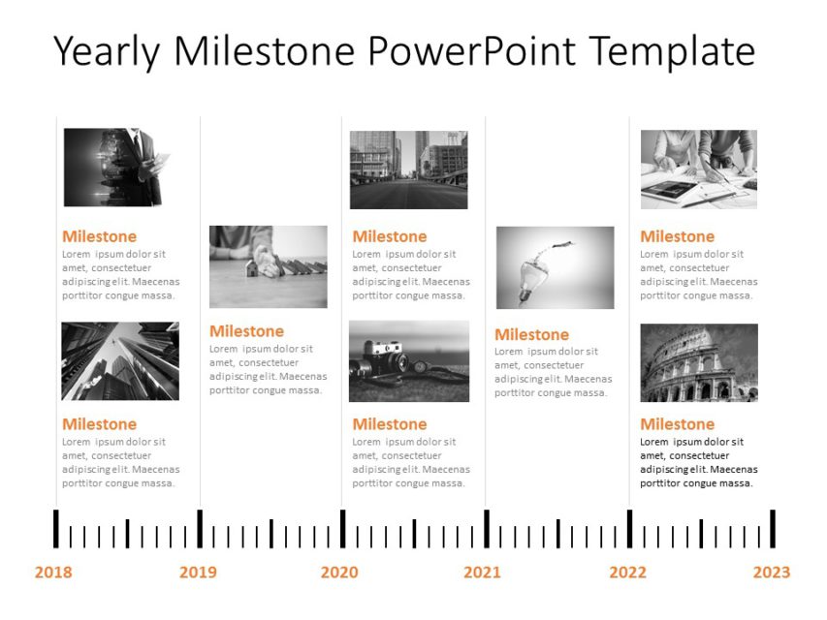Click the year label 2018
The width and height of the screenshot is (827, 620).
click(x=53, y=573)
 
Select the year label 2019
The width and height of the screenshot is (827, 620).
click(x=198, y=573)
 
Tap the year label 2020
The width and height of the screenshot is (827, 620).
click(x=339, y=573)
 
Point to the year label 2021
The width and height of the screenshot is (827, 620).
click(x=482, y=573)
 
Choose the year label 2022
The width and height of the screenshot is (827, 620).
click(x=627, y=573)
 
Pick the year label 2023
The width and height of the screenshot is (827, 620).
click(x=772, y=573)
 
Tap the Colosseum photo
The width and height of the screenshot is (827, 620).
click(x=699, y=362)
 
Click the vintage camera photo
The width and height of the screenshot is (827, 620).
click(x=409, y=361)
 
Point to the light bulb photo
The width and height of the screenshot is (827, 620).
click(x=555, y=267)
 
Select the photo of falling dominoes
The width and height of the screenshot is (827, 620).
click(x=269, y=266)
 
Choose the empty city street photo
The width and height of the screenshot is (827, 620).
click(x=408, y=170)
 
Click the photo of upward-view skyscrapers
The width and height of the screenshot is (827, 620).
click(x=120, y=361)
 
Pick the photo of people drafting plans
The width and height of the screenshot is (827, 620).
click(x=698, y=170)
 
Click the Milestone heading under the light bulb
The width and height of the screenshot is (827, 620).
click(x=531, y=334)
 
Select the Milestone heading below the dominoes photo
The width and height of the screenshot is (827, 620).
click(x=246, y=331)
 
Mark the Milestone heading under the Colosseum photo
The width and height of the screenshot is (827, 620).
click(x=677, y=424)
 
